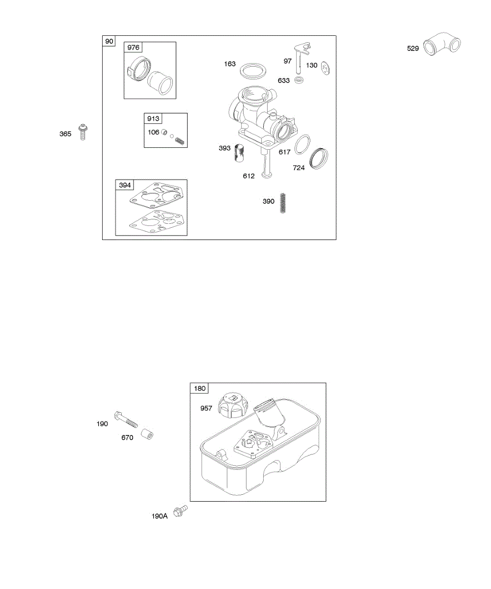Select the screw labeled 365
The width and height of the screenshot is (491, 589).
click(x=83, y=132)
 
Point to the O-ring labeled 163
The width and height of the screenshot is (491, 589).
click(x=253, y=70)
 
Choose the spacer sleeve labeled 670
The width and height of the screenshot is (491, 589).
click(x=146, y=434)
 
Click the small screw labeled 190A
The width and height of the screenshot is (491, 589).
click(x=182, y=510)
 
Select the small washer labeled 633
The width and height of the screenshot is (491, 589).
click(x=299, y=80)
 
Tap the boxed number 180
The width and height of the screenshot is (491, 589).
click(x=199, y=389)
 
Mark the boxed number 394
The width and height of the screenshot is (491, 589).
click(x=125, y=185)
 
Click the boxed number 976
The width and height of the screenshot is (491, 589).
click(x=133, y=48)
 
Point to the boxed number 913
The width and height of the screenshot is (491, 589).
click(x=153, y=119)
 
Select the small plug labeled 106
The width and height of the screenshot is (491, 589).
click(x=166, y=133)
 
